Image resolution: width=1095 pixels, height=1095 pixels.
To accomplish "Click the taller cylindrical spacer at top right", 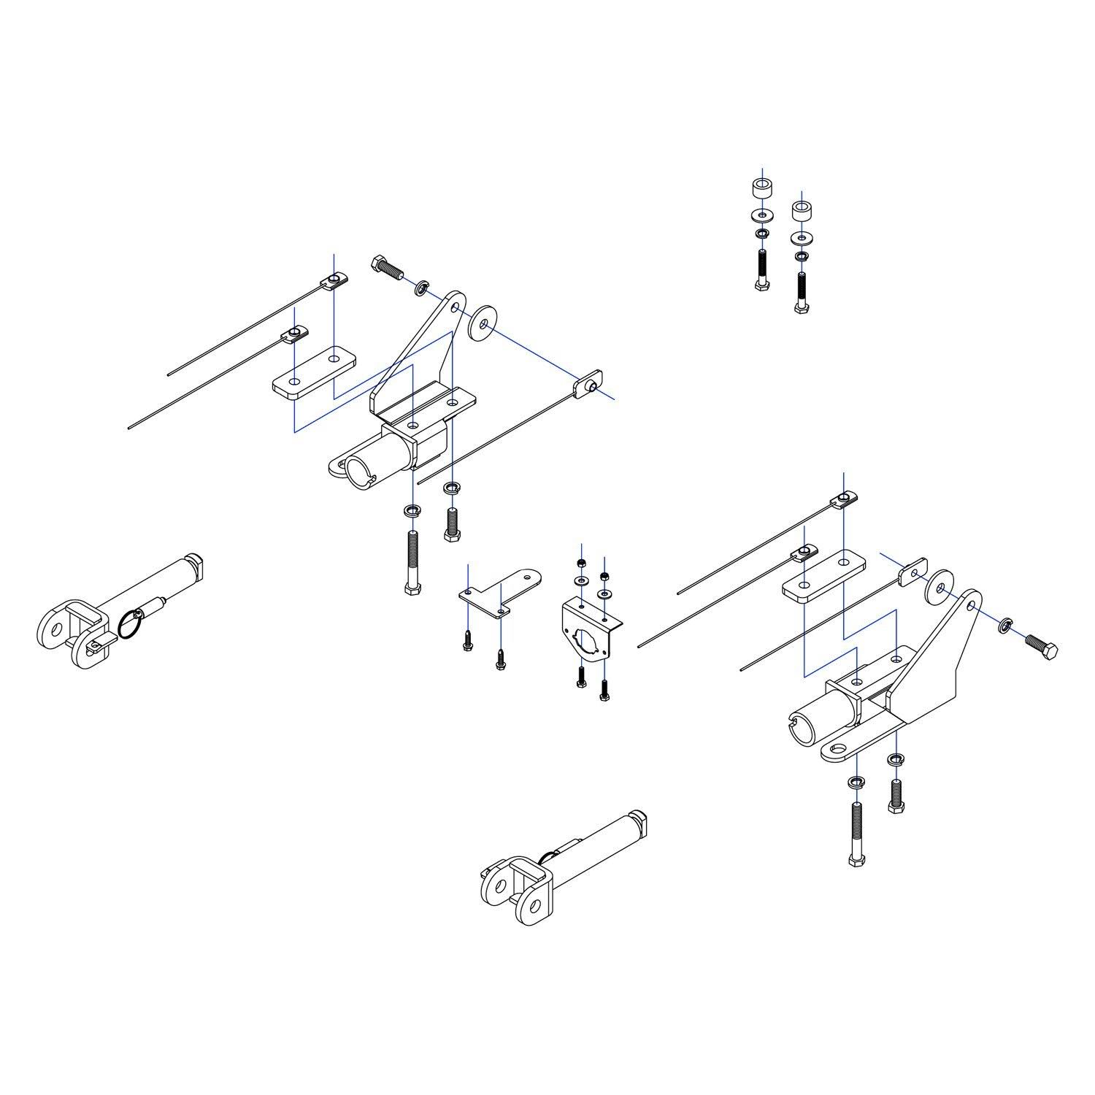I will pos(763,189).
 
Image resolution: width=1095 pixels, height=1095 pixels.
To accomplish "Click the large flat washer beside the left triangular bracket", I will pos(483,324).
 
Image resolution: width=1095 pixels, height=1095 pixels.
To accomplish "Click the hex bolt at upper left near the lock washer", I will pos(388,268).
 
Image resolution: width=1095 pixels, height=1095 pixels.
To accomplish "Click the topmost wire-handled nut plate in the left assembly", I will pos(334,279).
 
